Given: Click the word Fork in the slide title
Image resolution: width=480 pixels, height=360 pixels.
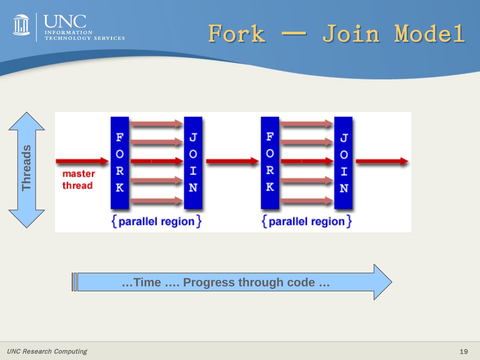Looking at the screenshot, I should (x=237, y=33).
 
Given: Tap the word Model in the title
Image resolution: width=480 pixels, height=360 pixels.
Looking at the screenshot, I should (x=430, y=33).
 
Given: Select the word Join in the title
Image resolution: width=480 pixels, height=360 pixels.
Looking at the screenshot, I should (x=351, y=33).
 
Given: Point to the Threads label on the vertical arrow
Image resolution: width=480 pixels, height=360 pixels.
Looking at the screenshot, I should (x=26, y=168).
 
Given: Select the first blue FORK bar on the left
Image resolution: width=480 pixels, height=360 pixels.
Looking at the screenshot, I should (x=120, y=163).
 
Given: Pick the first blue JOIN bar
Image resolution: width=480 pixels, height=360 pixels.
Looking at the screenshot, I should (x=193, y=163).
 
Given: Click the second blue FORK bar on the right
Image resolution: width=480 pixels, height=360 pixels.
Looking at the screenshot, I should (x=270, y=163).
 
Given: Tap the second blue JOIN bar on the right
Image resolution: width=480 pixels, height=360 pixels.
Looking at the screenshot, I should (x=343, y=163).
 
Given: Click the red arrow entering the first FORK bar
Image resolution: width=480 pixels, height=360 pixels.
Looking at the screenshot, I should (x=82, y=161).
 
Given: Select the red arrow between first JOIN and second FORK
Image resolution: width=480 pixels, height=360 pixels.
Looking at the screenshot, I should (x=232, y=161).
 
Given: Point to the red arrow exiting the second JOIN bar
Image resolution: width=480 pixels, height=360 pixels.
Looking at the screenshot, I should (x=382, y=161).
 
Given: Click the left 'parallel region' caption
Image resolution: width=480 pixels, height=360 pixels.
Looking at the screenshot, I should (x=157, y=221).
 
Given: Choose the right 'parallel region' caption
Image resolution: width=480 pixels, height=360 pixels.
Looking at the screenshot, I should (x=307, y=221).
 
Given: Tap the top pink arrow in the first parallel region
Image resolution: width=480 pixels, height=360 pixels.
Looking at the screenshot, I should (x=156, y=124).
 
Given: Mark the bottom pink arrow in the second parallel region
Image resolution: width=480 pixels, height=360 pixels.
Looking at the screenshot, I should (x=307, y=201).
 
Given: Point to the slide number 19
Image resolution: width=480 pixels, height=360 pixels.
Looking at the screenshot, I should (x=463, y=352).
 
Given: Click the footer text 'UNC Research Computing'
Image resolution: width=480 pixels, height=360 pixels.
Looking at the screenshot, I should (x=47, y=351).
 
